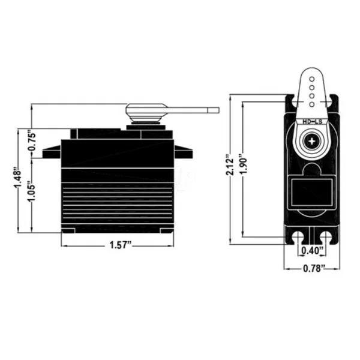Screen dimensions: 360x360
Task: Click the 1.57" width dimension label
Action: [x=121, y=245]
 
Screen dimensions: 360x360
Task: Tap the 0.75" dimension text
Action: [x=32, y=141]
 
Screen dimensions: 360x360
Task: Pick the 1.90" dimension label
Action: [x=244, y=163]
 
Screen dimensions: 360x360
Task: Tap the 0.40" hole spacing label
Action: [x=311, y=250]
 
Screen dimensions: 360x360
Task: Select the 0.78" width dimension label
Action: [x=314, y=268]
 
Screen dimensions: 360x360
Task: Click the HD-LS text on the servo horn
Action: [x=312, y=122]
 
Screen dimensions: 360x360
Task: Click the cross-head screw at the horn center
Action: [x=312, y=141]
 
